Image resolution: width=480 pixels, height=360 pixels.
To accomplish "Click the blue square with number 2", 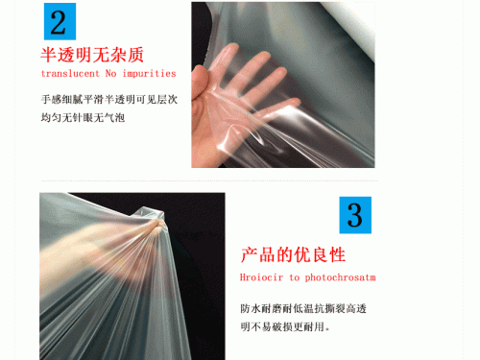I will pyautogui.click(x=59, y=21).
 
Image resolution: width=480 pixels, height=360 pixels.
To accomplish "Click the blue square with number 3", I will pyautogui.click(x=354, y=214).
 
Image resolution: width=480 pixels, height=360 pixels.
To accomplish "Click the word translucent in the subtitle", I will pyautogui.click(x=68, y=73).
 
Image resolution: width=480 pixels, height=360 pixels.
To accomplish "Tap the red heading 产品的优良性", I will pyautogui.click(x=292, y=254).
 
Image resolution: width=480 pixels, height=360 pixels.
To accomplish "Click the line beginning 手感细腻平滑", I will pyautogui.click(x=108, y=99).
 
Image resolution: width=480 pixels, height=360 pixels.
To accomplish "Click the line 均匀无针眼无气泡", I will pyautogui.click(x=83, y=117).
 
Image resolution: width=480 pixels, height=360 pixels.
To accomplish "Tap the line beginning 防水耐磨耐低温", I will pyautogui.click(x=302, y=309).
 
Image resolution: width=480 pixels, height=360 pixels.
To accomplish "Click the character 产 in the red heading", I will pyautogui.click(x=250, y=254).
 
